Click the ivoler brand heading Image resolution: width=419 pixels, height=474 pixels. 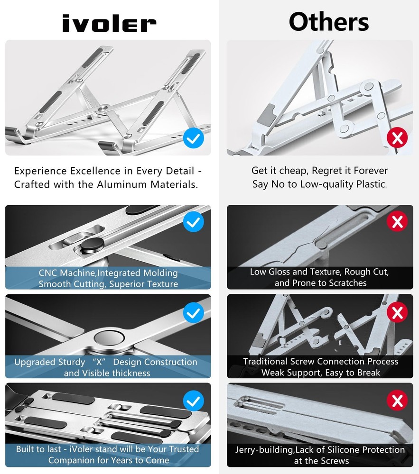click(x=109, y=23)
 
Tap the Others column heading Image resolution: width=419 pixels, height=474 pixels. click(x=328, y=22)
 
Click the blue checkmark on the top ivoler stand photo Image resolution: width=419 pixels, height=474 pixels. click(x=193, y=138)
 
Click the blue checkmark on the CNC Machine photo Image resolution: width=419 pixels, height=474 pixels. click(x=193, y=221)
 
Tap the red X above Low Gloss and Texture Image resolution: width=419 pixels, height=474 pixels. click(x=397, y=221)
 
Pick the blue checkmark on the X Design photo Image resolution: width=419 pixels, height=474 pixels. click(x=193, y=313)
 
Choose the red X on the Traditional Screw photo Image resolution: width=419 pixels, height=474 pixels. click(x=397, y=312)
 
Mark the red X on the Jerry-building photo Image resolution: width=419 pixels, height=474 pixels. click(x=397, y=401)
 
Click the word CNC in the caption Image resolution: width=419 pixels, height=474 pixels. click(x=49, y=273)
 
